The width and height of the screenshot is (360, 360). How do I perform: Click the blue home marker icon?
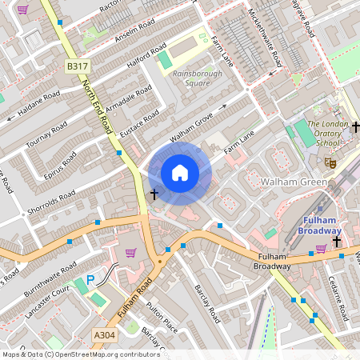(x=180, y=173)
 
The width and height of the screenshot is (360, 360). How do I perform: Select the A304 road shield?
(x=104, y=334)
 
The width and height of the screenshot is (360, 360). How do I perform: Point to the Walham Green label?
(x=294, y=182)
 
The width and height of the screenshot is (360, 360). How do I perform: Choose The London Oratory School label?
(x=328, y=133)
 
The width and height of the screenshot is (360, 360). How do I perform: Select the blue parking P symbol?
(x=90, y=280)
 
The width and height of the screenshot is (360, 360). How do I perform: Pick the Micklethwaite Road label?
(x=266, y=37)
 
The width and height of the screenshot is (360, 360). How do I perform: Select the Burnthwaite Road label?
(x=49, y=274)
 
